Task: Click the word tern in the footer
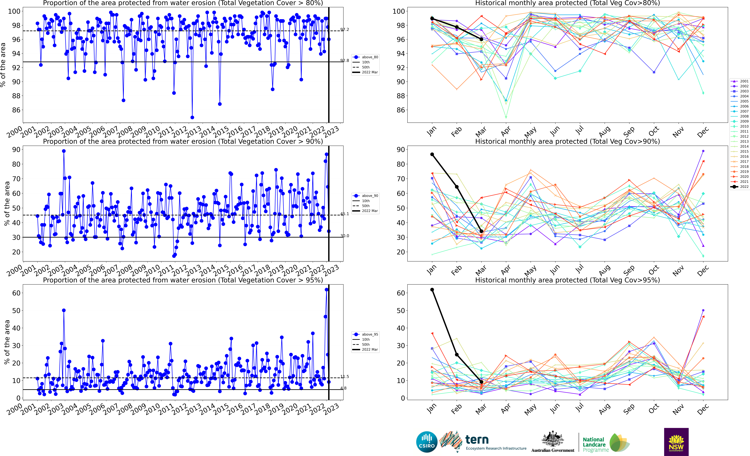click(477, 440)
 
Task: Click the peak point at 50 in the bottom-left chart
click(64, 310)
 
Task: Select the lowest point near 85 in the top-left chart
click(192, 117)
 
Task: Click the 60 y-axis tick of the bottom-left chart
click(16, 293)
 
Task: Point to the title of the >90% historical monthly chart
click(567, 141)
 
